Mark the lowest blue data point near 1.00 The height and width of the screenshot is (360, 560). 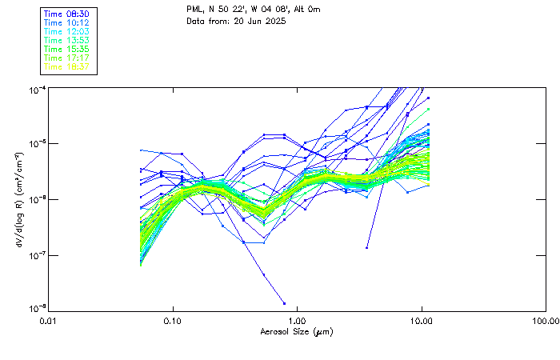tap(284, 303)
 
